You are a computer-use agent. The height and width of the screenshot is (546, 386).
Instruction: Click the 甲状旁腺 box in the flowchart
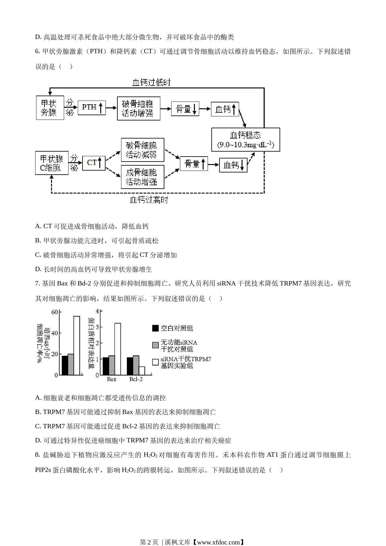pyautogui.click(x=50, y=108)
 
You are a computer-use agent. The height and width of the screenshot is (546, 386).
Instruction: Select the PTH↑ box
pyautogui.click(x=92, y=108)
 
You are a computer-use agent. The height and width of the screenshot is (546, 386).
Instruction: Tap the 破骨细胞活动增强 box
pyautogui.click(x=139, y=108)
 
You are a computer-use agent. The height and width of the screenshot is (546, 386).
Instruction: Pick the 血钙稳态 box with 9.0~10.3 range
pyautogui.click(x=246, y=139)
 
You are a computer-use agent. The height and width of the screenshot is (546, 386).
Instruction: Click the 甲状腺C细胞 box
pyautogui.click(x=52, y=163)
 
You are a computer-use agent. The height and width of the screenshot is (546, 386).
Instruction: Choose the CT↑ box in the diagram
pyautogui.click(x=94, y=163)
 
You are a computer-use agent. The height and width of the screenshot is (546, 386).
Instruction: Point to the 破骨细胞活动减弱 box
pyautogui.click(x=143, y=150)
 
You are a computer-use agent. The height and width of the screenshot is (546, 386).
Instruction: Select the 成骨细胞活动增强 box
pyautogui.click(x=143, y=177)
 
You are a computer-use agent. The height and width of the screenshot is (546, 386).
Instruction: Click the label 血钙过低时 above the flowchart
pyautogui.click(x=151, y=82)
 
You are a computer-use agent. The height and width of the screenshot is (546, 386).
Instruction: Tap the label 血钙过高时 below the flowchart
pyautogui.click(x=149, y=200)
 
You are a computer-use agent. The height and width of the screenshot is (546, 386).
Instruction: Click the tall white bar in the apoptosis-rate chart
pyautogui.click(x=77, y=346)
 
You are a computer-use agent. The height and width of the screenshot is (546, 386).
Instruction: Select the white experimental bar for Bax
pyautogui.click(x=118, y=349)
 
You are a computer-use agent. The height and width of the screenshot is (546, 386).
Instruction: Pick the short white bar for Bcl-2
pyautogui.click(x=142, y=371)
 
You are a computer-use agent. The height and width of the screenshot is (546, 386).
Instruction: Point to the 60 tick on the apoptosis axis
pyautogui.click(x=54, y=312)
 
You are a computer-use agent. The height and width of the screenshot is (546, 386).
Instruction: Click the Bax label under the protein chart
pyautogui.click(x=111, y=379)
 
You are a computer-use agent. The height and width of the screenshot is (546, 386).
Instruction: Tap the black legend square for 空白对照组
pyautogui.click(x=155, y=328)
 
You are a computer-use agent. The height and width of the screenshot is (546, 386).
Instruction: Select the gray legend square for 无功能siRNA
pyautogui.click(x=155, y=345)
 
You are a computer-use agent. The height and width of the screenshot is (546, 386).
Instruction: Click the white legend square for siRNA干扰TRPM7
pyautogui.click(x=155, y=362)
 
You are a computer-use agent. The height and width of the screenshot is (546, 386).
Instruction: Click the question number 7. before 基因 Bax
pyautogui.click(x=38, y=284)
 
